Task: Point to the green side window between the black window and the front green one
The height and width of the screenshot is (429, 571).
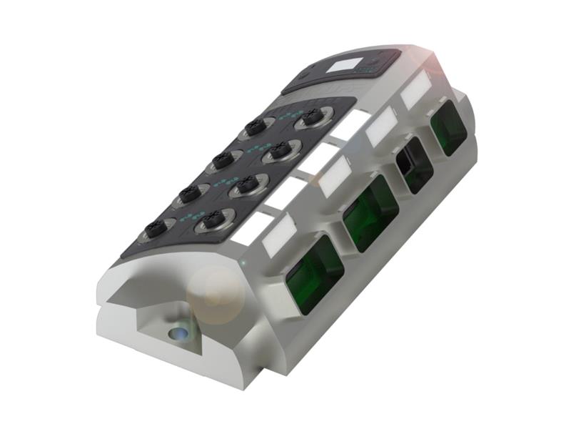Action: pyautogui.click(x=370, y=212)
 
